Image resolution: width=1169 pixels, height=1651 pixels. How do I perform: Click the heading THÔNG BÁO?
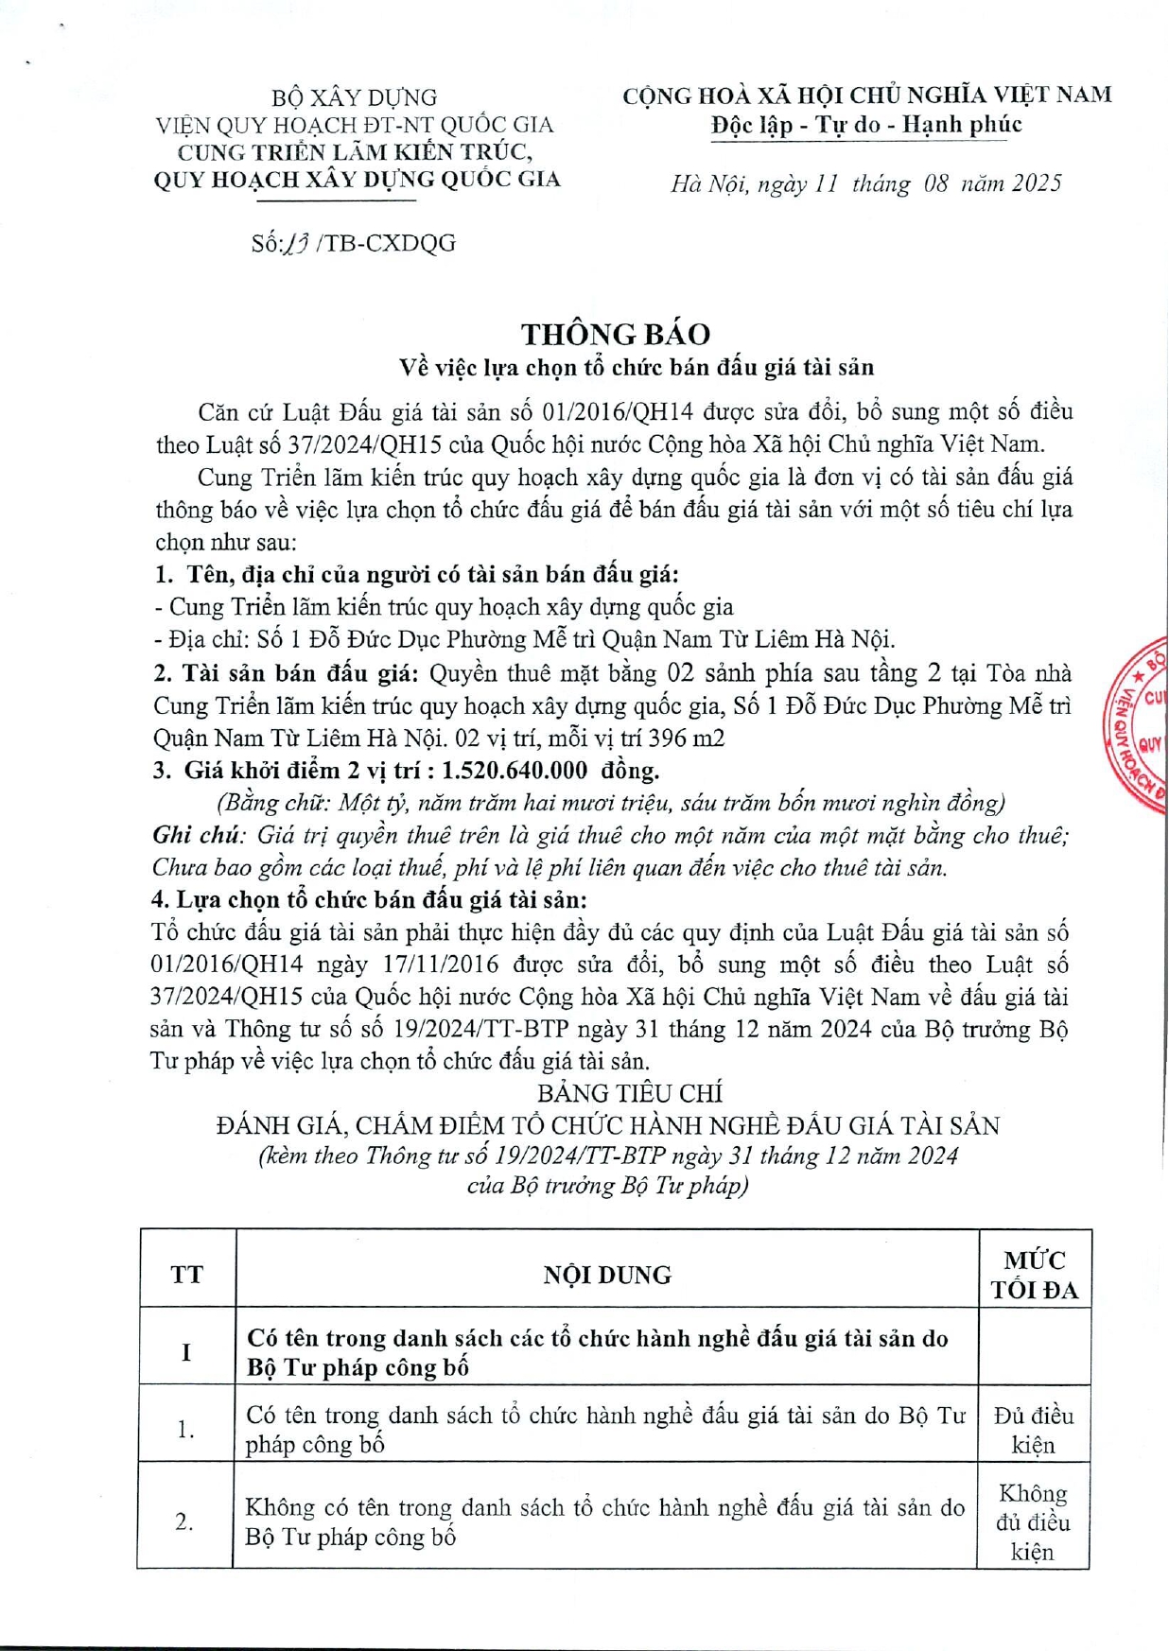click(615, 334)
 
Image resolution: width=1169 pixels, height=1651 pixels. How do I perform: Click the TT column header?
click(186, 1275)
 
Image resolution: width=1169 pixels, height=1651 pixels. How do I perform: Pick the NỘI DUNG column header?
click(607, 1275)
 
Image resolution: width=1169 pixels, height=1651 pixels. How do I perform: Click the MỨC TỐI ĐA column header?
click(1034, 1275)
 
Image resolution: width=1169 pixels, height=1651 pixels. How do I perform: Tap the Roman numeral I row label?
click(186, 1352)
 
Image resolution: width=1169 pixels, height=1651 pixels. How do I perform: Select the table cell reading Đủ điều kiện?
click(1033, 1430)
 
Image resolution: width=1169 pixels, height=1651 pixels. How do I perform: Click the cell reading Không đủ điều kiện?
click(1033, 1521)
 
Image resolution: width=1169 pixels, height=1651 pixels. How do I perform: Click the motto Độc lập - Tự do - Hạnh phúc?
click(866, 125)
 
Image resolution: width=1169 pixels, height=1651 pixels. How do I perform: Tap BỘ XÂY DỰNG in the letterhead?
click(354, 97)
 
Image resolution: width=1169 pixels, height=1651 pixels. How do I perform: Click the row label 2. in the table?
click(184, 1521)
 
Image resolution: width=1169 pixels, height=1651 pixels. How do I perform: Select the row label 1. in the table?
click(186, 1430)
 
